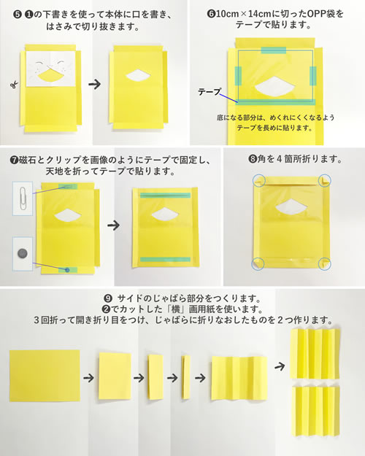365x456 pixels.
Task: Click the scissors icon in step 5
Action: [x=14, y=85]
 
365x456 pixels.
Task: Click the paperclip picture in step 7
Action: [x=23, y=198]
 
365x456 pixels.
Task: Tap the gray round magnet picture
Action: [x=23, y=254]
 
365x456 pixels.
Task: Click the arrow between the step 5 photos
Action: [x=95, y=85]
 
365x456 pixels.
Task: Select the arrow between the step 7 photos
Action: [x=113, y=225]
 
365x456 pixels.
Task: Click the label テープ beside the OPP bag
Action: [x=210, y=92]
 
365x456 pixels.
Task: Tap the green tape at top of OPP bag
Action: [x=274, y=50]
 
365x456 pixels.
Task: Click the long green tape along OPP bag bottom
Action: [x=277, y=102]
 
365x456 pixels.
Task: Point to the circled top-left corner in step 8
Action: [x=258, y=181]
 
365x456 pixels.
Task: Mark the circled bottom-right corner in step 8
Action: [x=325, y=263]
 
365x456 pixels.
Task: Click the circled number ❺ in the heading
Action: [x=18, y=15]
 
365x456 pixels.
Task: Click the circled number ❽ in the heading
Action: [x=253, y=159]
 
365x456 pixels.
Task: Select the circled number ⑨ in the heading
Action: [x=108, y=298]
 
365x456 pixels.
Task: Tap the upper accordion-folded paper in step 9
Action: [x=315, y=353]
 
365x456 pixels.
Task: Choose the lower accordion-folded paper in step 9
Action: [x=316, y=411]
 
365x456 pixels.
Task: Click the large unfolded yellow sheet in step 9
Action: [x=45, y=376]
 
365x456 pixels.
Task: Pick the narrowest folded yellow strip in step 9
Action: [x=186, y=377]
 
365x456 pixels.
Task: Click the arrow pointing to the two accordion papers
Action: [x=280, y=366]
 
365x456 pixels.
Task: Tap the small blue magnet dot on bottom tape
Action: [x=67, y=270]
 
